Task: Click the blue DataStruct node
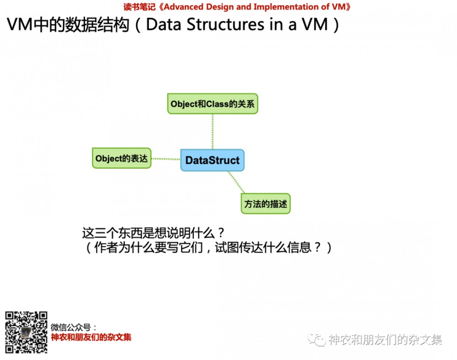click(x=212, y=160)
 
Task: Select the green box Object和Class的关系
click(x=213, y=104)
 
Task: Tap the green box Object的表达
click(x=122, y=158)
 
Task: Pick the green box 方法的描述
click(x=266, y=204)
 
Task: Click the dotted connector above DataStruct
click(x=213, y=131)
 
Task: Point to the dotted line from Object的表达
click(x=165, y=159)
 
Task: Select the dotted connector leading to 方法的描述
click(x=236, y=183)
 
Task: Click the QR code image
click(x=26, y=332)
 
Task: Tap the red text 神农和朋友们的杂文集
click(x=91, y=338)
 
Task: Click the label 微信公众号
click(x=74, y=328)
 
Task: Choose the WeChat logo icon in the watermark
click(x=316, y=339)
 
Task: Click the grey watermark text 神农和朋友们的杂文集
click(x=385, y=339)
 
